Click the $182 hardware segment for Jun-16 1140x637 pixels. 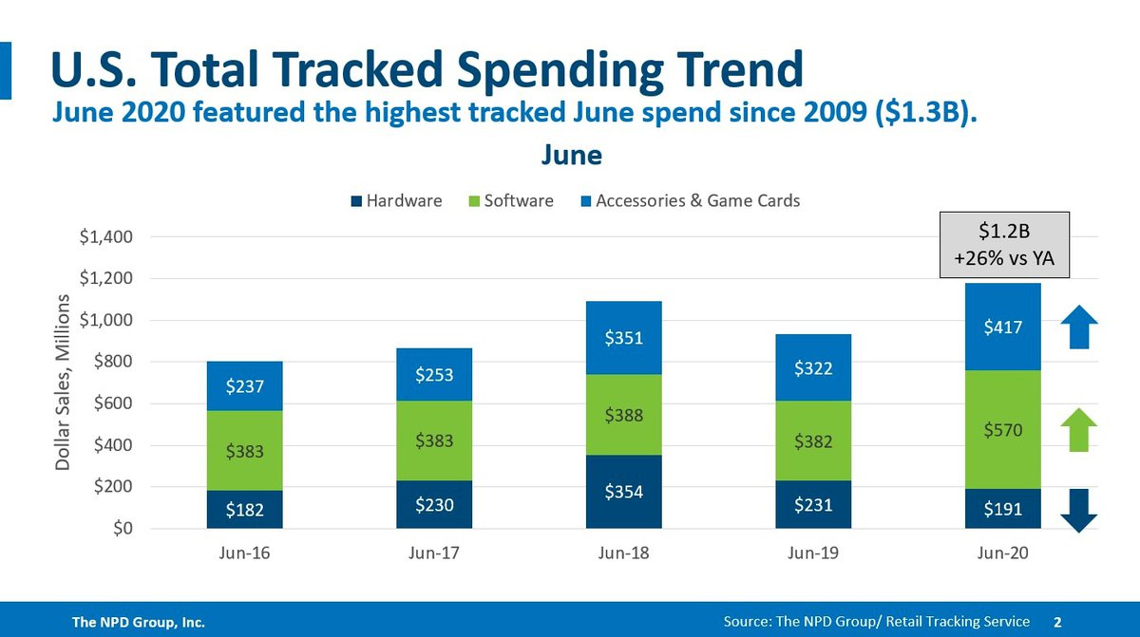(x=244, y=510)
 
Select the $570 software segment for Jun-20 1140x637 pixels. (x=1003, y=430)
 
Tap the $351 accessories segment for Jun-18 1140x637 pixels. (x=623, y=338)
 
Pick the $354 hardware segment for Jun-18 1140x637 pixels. (x=623, y=492)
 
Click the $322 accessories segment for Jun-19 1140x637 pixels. (x=813, y=365)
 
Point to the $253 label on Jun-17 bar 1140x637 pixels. (x=434, y=375)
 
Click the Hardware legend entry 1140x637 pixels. (x=396, y=200)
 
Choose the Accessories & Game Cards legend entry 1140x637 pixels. (x=689, y=200)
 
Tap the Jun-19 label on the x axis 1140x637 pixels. (x=813, y=553)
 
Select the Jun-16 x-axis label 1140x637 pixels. (x=244, y=553)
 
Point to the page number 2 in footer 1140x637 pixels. (x=1057, y=621)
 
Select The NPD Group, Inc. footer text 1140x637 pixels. (x=140, y=622)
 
